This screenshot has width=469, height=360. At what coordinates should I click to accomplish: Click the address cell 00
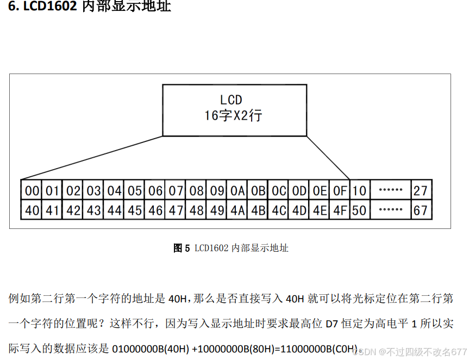tap(33, 191)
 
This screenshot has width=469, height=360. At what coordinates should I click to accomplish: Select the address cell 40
tap(33, 210)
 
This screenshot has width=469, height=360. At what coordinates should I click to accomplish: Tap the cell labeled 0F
tap(340, 191)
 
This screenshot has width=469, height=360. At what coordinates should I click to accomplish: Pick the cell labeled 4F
tap(340, 210)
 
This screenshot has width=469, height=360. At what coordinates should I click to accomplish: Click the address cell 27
tap(421, 191)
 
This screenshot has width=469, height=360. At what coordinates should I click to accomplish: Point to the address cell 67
tap(421, 210)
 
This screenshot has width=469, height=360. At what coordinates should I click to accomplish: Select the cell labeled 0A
tap(237, 191)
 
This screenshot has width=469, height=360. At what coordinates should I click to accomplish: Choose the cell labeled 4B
tap(258, 210)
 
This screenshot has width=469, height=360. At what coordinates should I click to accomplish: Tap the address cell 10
tap(359, 191)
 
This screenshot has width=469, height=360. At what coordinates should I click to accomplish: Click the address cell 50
tap(359, 210)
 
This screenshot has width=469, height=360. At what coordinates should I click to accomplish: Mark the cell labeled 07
tap(176, 191)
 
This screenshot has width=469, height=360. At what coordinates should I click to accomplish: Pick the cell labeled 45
tap(135, 210)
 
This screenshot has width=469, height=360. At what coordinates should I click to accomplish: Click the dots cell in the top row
tap(390, 191)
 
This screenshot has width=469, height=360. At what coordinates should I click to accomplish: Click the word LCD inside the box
tap(231, 100)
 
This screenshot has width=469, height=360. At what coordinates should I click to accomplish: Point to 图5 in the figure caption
tap(181, 249)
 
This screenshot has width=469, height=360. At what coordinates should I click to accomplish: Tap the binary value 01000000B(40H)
tap(151, 348)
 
